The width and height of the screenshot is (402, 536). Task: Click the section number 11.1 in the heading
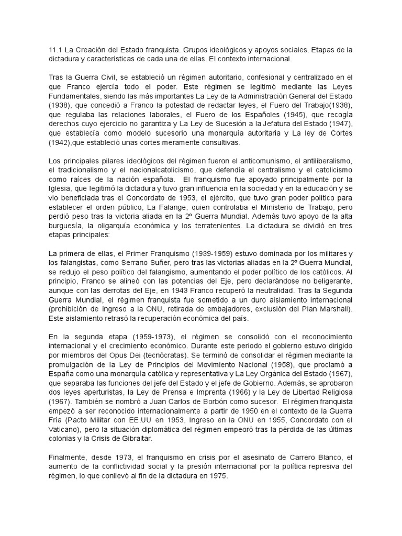point(55,50)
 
